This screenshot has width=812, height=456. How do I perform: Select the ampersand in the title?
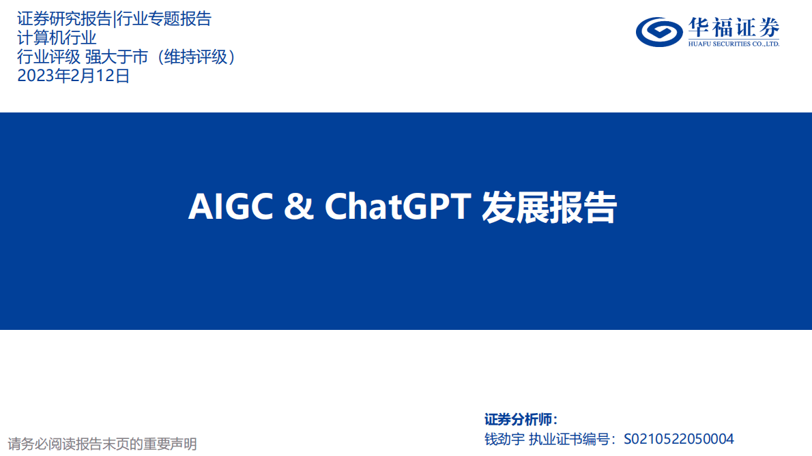coord(298,207)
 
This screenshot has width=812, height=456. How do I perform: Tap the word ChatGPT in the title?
coord(398,207)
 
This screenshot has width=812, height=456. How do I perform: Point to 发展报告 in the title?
coord(549,207)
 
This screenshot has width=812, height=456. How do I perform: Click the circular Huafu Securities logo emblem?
coord(659,31)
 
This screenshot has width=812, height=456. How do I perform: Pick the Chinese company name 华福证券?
coord(734,27)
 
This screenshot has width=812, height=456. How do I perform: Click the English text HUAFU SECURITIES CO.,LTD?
coord(734,44)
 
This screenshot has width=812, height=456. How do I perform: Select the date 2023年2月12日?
coord(73,76)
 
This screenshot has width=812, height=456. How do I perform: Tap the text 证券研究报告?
coord(64,19)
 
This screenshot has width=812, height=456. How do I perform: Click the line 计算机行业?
coord(57,38)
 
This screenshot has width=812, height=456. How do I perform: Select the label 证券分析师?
coord(521,419)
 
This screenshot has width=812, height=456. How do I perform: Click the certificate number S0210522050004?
coord(679,439)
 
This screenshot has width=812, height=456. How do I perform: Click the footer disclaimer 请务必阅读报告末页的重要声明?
coord(102,444)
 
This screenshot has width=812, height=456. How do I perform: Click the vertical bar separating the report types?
coord(114,19)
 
